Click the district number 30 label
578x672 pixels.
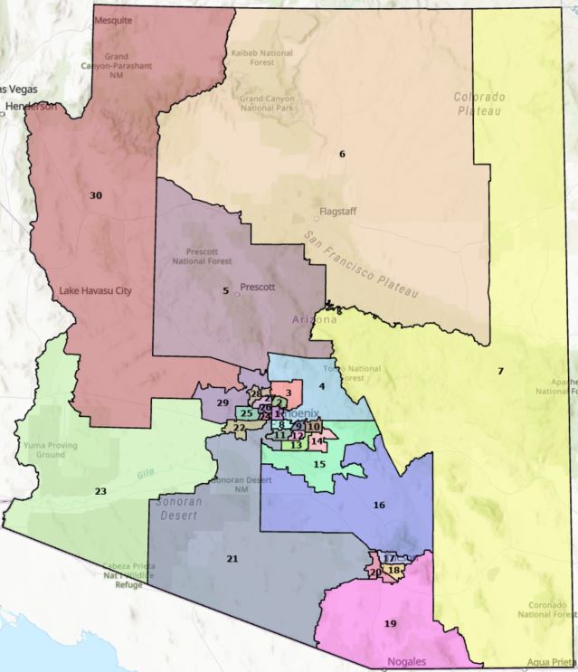coord(96,194)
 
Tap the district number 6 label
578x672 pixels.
coord(342,154)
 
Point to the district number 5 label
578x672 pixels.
coord(226,290)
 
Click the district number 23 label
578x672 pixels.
coord(100,491)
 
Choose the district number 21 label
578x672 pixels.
coord(232,559)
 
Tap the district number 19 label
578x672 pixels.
coord(390,624)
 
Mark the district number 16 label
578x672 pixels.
coord(380,505)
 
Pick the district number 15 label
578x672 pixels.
coord(319,464)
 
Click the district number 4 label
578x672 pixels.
coord(320,387)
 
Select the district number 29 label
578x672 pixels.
coord(223,402)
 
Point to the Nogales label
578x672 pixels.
coord(405,661)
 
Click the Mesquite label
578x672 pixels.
coord(112,19)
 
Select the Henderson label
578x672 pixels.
coord(30,106)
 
